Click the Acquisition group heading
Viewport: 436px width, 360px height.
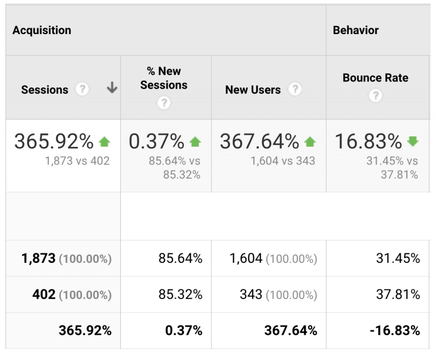[x=42, y=30]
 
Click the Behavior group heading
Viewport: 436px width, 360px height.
[x=356, y=30]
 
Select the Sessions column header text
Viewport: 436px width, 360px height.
[x=45, y=90]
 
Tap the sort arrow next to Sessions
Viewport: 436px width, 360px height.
[x=112, y=88]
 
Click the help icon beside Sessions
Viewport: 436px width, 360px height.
[x=82, y=89]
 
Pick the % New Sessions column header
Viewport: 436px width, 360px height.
[x=164, y=78]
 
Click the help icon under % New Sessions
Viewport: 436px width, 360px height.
[x=164, y=103]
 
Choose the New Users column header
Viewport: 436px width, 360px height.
[x=253, y=90]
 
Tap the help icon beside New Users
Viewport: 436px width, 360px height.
[x=295, y=89]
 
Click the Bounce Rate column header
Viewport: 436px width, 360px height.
[x=375, y=78]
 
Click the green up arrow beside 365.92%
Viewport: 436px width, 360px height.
[x=104, y=142]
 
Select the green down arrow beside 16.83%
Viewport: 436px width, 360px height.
[x=413, y=141]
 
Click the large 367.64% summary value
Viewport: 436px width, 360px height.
[x=259, y=142]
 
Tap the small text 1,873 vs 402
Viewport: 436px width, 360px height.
[x=77, y=161]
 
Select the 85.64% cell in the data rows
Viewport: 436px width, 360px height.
[x=181, y=259]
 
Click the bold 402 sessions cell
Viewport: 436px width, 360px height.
[x=44, y=295]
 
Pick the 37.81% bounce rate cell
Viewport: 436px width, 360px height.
[x=398, y=295]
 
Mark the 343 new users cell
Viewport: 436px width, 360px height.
[x=251, y=295]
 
